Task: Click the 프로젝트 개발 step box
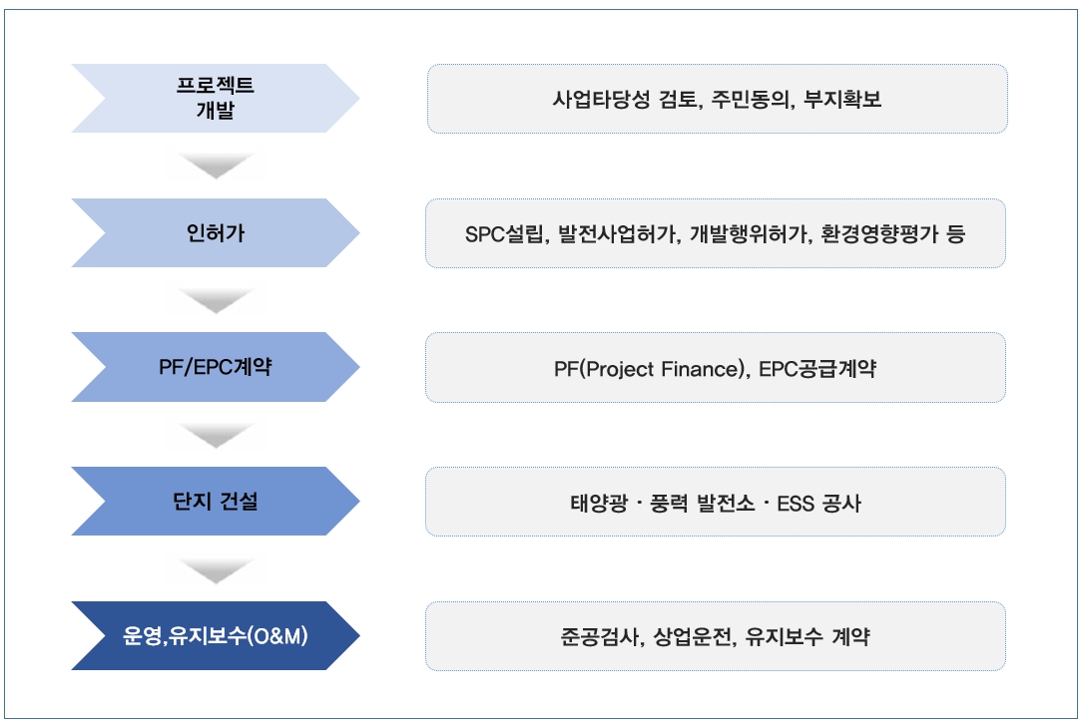216,98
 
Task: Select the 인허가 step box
216,233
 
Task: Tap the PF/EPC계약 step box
216,367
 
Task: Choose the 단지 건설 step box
216,501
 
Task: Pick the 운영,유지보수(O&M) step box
216,635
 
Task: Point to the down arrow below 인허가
216,300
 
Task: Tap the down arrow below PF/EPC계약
216,434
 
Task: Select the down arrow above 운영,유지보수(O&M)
216,568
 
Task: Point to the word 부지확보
842,100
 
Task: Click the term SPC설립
504,234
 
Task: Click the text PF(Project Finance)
650,369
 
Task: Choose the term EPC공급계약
817,369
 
